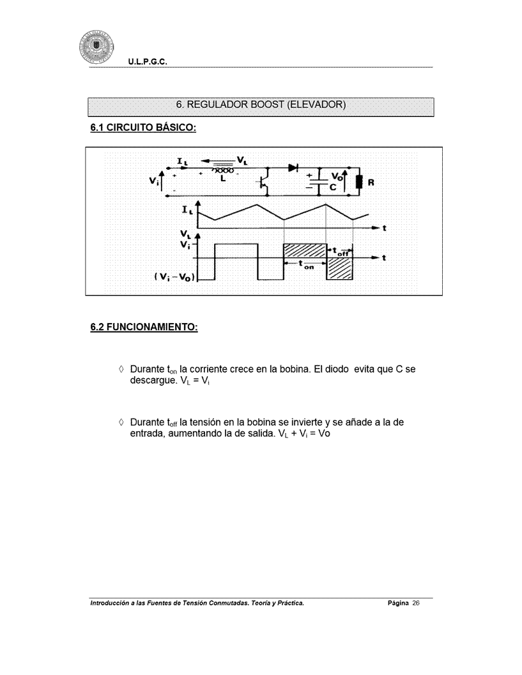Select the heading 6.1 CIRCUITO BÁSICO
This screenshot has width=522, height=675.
pos(142,128)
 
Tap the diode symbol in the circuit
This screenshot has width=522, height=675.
pos(294,168)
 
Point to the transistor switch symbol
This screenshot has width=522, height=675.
pos(265,182)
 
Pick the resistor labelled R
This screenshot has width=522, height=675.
pos(359,182)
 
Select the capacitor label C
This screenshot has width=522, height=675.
pos(333,186)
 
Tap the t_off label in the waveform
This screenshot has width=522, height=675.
pos(344,251)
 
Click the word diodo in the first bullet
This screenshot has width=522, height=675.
pos(325,370)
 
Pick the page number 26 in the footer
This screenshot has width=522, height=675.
pos(415,603)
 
